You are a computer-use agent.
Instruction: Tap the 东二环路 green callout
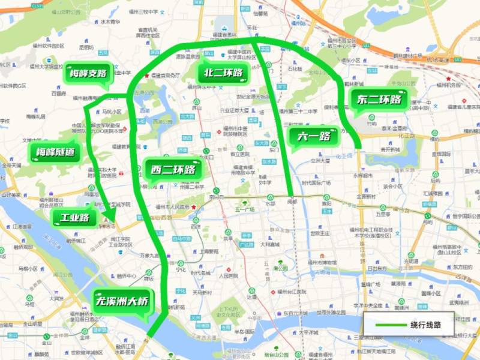point(379,100)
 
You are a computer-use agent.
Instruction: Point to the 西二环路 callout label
point(173,169)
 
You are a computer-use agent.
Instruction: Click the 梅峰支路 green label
point(88,74)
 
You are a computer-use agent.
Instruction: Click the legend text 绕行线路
point(425,325)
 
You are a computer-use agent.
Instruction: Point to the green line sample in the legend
point(389,325)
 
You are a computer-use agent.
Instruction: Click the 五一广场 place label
point(245,209)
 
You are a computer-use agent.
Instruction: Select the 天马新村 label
point(203,292)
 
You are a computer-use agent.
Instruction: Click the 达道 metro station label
point(251,296)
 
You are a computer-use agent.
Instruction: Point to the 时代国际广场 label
point(316,182)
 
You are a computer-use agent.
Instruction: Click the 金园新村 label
point(367,196)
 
